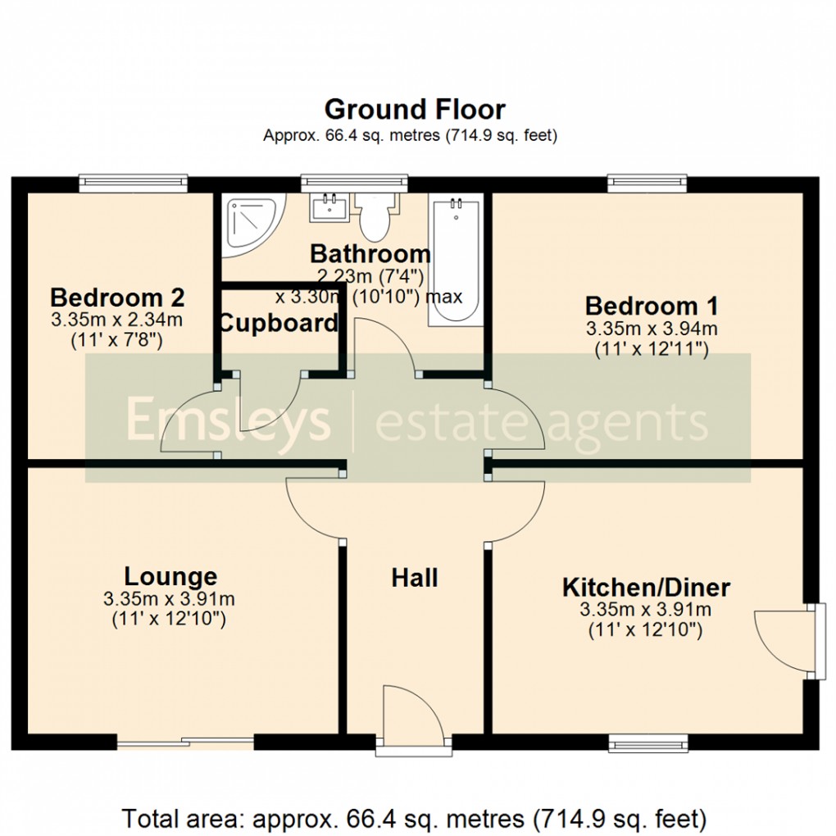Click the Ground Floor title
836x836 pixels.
[x=415, y=109]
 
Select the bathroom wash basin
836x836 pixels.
[x=330, y=207]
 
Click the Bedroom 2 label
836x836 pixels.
[x=116, y=297]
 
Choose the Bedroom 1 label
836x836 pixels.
[x=652, y=307]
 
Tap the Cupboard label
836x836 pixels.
[x=279, y=323]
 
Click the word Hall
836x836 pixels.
[x=415, y=578]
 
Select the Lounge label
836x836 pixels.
[x=170, y=576]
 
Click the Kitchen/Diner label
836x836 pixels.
[x=646, y=588]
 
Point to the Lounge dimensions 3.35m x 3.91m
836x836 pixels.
[x=169, y=599]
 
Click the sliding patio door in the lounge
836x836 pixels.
[x=185, y=743]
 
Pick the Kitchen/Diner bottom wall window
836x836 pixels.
[x=647, y=743]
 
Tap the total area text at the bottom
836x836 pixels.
[x=415, y=818]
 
